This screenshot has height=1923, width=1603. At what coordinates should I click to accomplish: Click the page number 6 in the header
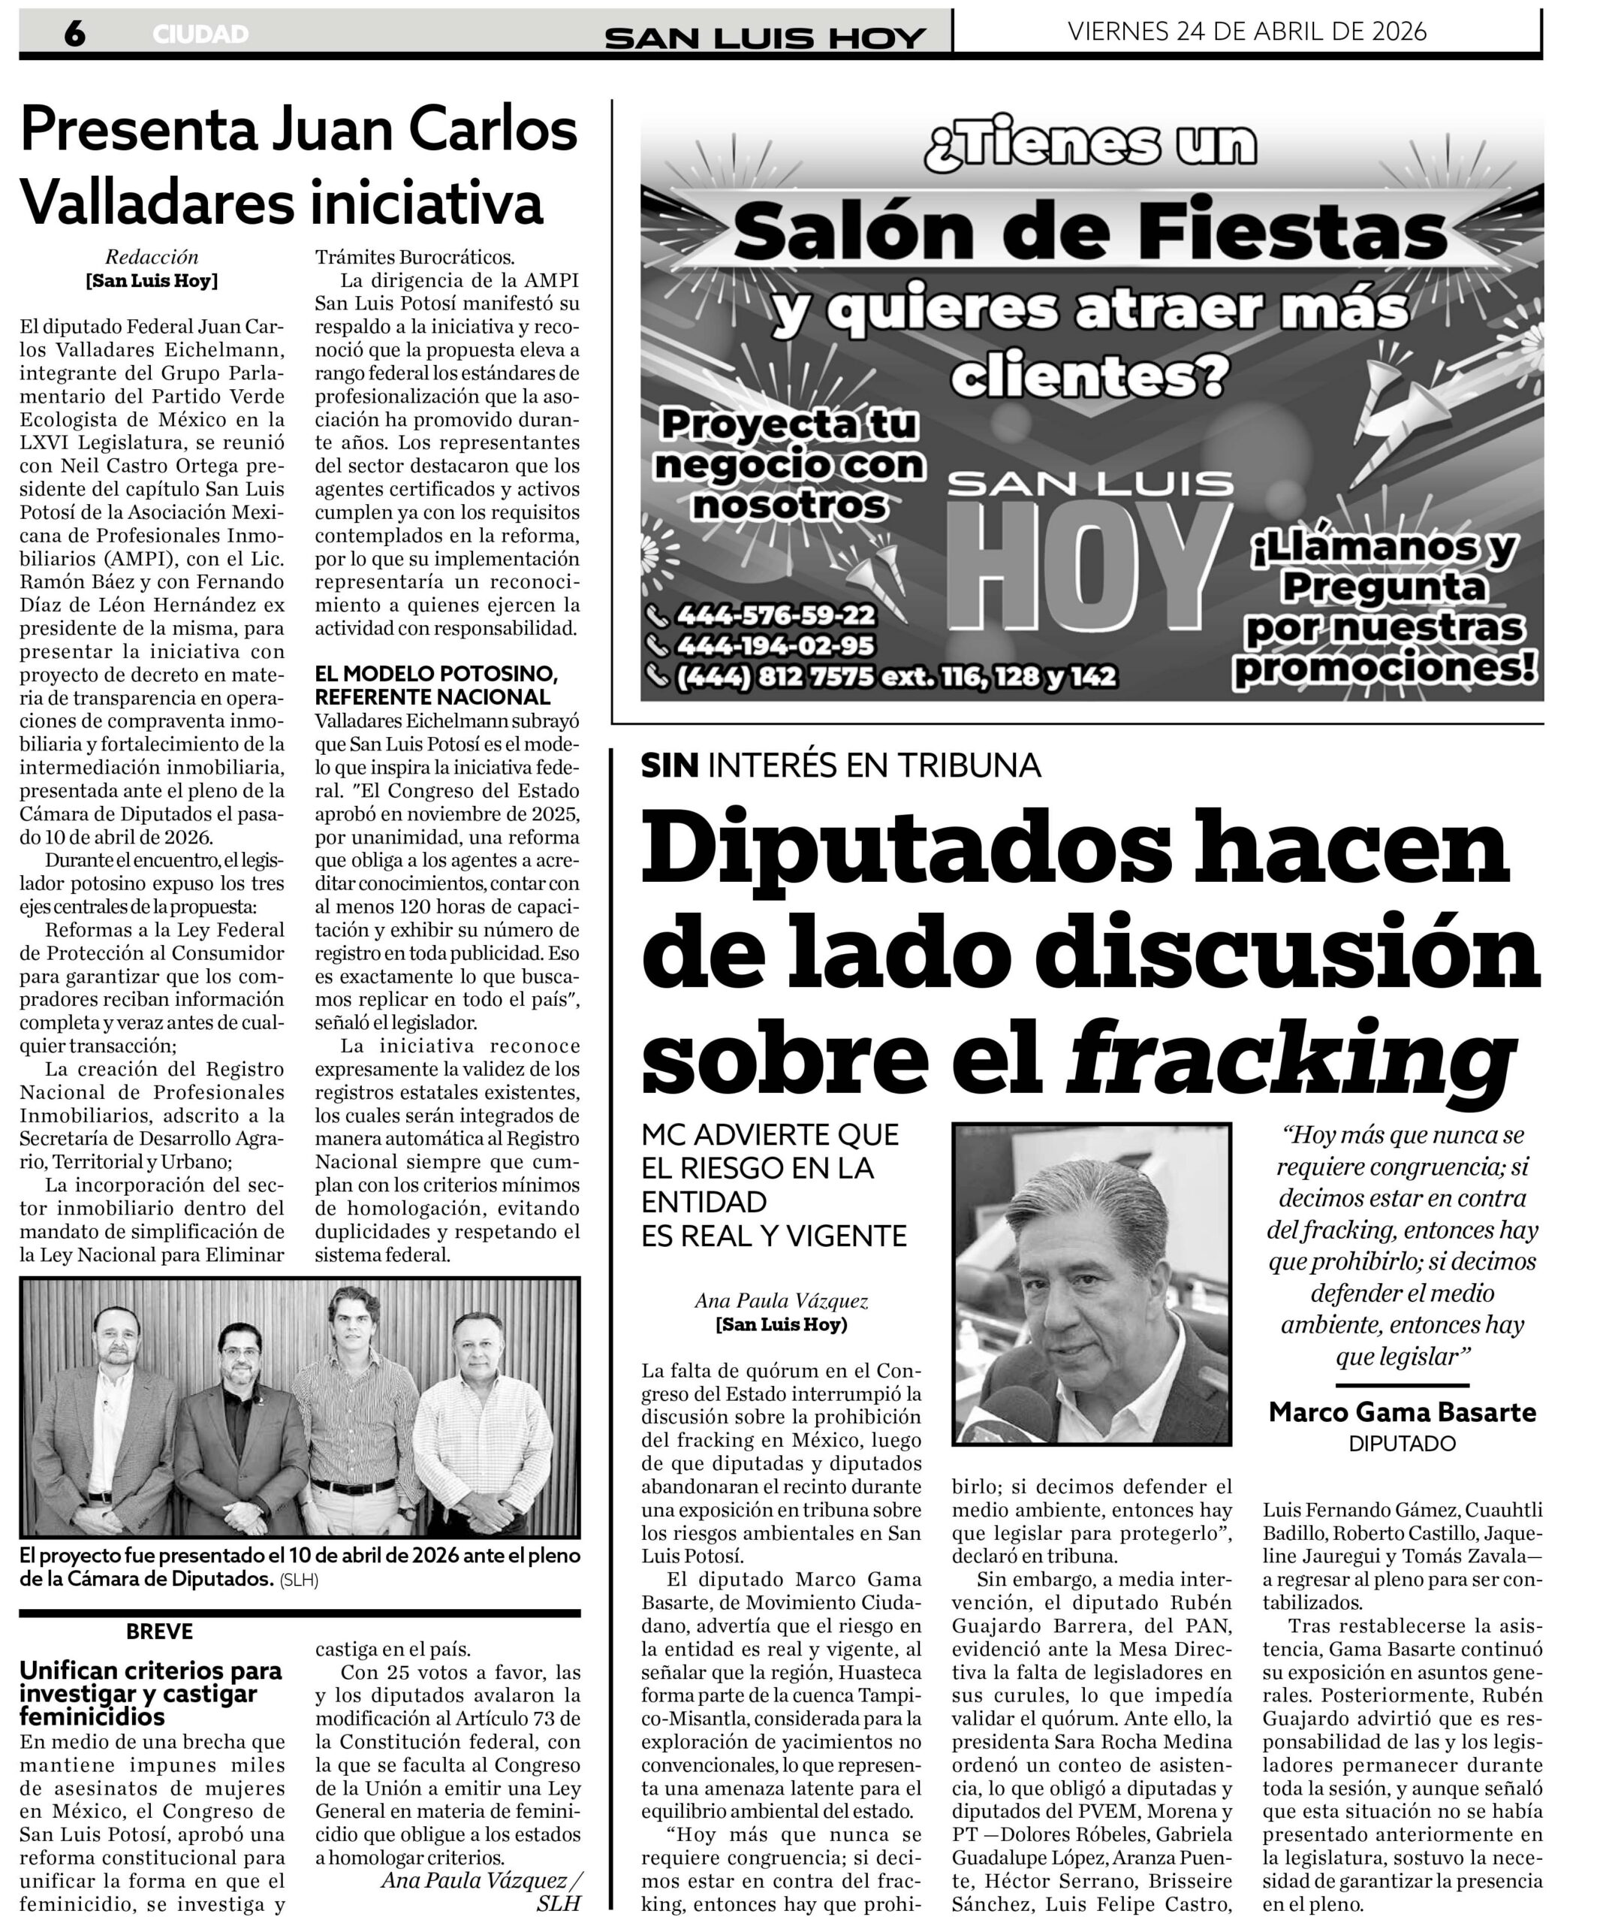74,34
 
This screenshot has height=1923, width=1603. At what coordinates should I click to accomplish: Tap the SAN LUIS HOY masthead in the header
765,38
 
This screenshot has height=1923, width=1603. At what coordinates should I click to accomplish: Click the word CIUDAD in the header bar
200,35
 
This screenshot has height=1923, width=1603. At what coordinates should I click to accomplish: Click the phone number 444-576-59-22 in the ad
776,614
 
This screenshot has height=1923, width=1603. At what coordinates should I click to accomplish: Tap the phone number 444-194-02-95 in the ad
775,645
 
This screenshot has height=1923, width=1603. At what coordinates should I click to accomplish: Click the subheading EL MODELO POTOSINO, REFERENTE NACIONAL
435,685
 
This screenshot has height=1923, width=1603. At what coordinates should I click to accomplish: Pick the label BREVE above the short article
159,1631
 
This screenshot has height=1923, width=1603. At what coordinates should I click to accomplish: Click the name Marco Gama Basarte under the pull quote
1402,1412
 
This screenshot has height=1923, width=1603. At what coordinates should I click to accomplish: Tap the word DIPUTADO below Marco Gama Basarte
1402,1444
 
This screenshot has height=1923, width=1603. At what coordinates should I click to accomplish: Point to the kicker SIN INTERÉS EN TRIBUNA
840,765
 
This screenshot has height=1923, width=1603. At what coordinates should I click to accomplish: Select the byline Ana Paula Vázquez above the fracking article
781,1300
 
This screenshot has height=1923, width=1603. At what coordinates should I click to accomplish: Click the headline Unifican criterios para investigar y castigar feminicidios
151,1693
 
